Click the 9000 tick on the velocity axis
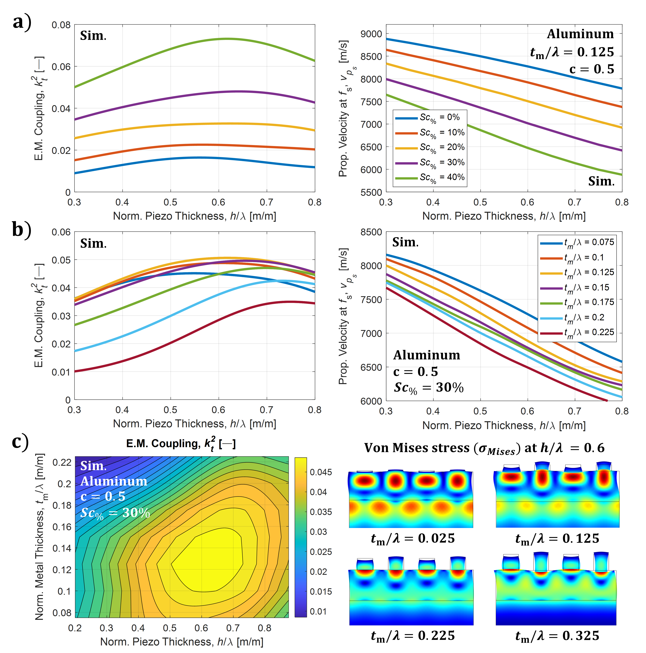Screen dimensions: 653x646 point(371,34)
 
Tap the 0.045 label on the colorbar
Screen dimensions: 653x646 point(321,472)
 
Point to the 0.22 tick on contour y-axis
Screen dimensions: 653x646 point(62,462)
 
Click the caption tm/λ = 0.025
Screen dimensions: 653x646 point(413,538)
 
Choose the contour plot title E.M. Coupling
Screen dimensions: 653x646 point(181,444)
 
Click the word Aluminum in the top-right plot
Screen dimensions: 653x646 point(580,34)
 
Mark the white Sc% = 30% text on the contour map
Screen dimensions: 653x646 point(115,513)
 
